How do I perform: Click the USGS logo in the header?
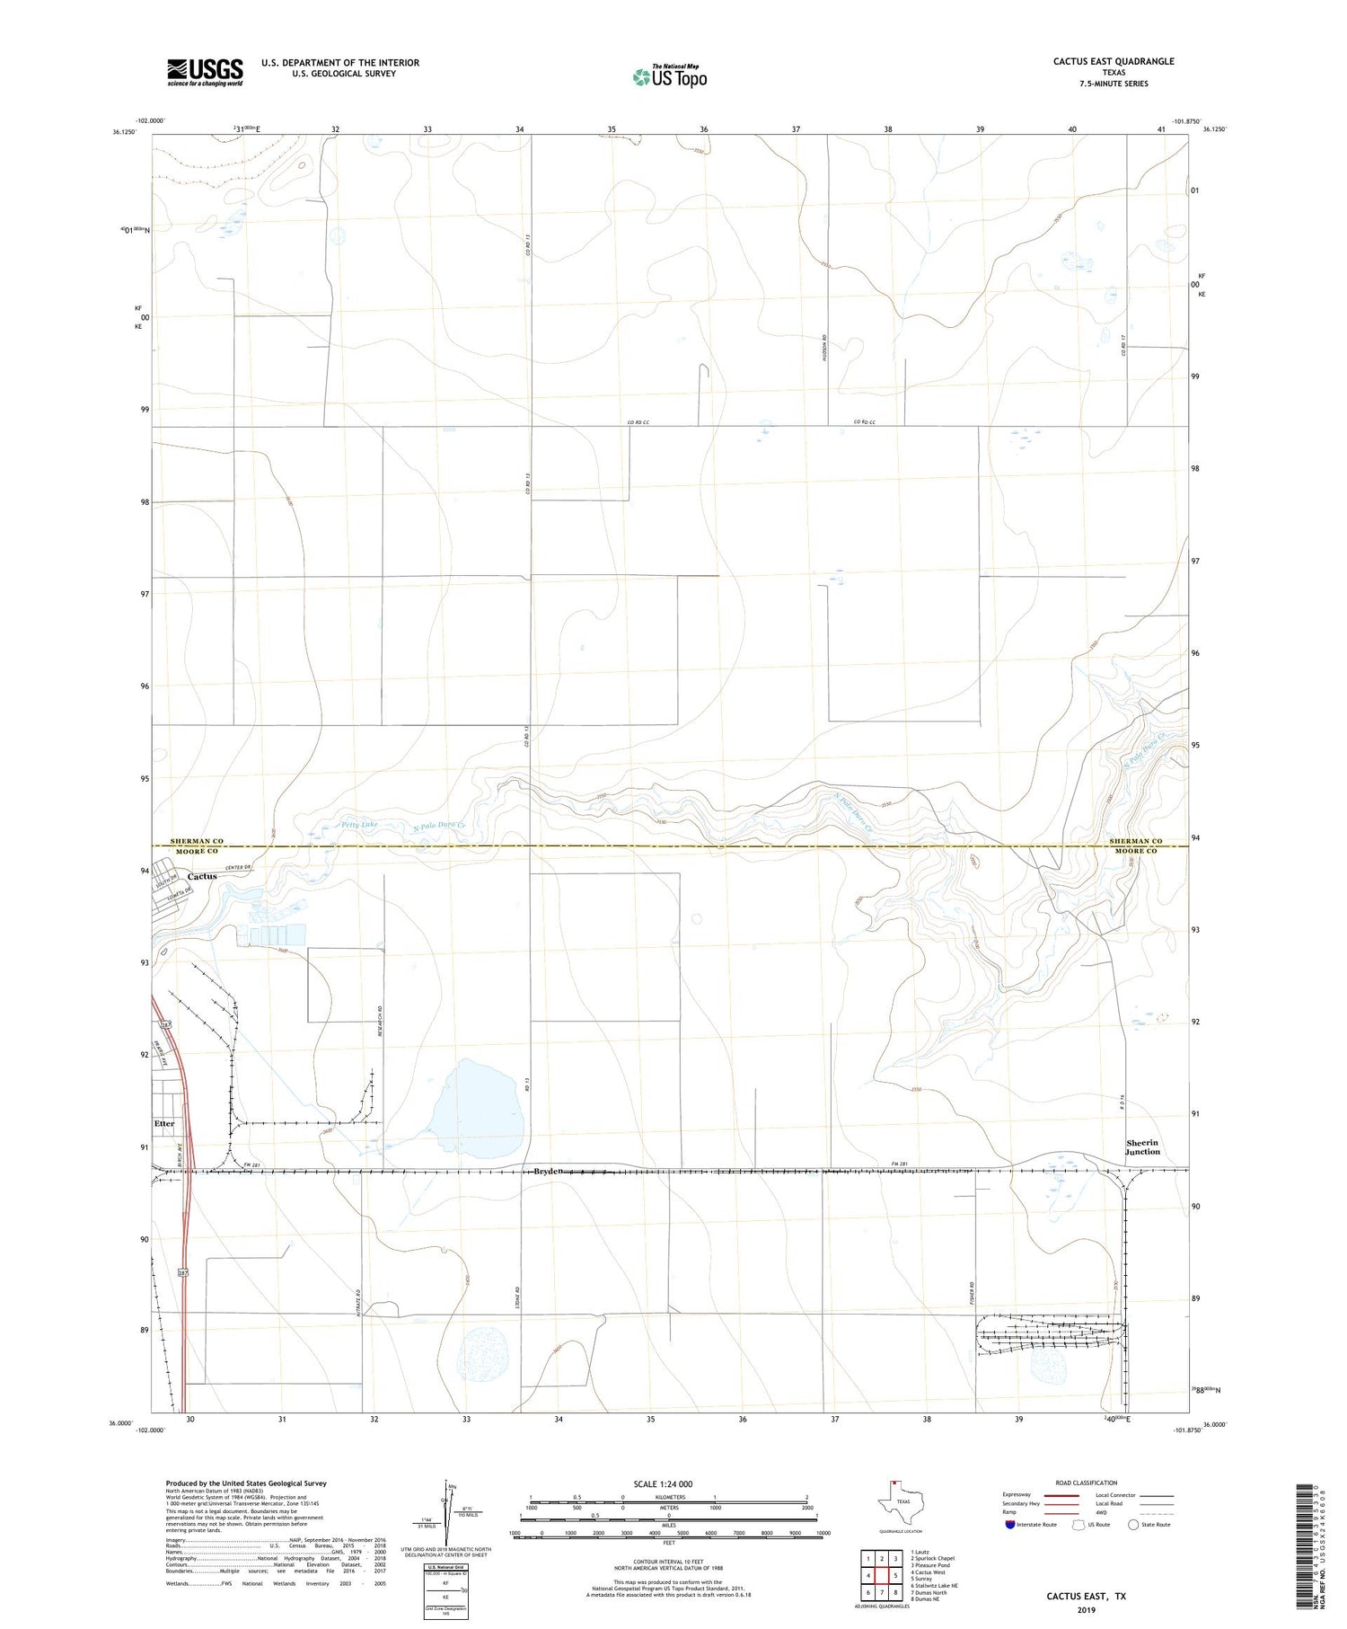pos(205,72)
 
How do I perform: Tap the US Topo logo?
pos(669,77)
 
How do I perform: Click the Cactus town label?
pos(202,876)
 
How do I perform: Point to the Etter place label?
pos(164,1124)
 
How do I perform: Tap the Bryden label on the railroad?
pos(548,1171)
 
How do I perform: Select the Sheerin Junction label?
pos(1142,1147)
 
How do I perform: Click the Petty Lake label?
pos(359,824)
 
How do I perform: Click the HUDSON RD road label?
pos(823,348)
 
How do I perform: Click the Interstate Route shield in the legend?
pos(1010,1525)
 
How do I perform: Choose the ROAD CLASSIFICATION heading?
pos(1086,1483)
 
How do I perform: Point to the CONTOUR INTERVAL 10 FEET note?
pos(669,1562)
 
